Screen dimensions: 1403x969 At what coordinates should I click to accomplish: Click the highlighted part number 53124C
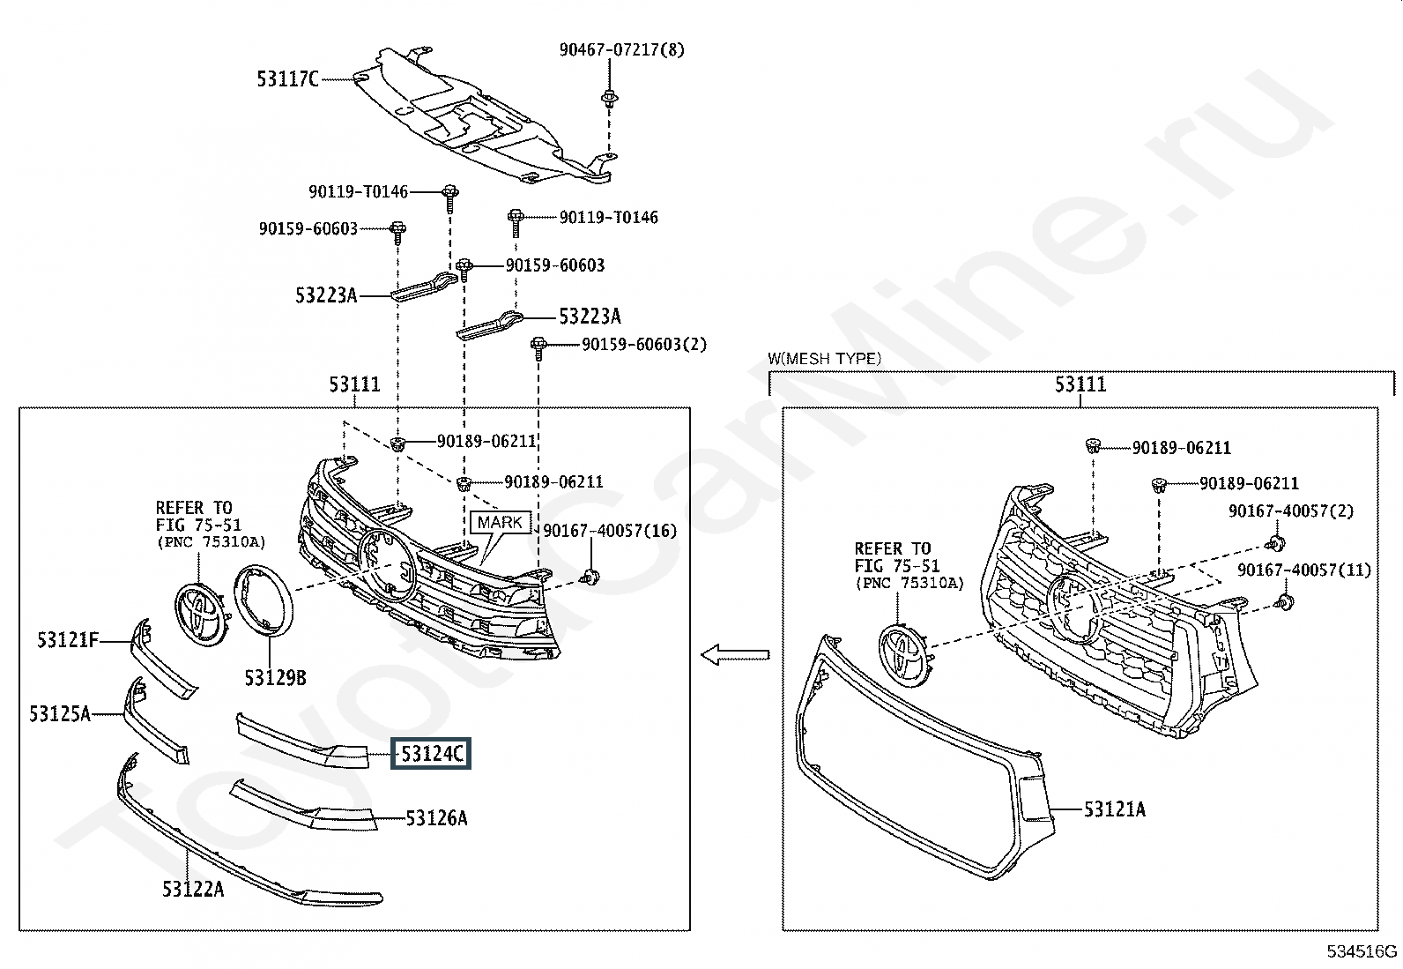coord(431,753)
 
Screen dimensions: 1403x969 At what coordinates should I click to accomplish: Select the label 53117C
coord(287,79)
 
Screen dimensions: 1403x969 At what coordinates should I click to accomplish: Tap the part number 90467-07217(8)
coord(622,49)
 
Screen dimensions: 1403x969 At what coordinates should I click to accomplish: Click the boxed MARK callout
coord(500,522)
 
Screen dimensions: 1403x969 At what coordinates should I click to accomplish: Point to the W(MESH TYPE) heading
coord(824,359)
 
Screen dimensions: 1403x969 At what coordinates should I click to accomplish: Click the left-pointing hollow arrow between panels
coord(735,655)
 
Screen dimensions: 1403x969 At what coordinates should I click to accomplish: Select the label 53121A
coord(1114,809)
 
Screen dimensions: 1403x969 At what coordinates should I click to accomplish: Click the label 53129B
coord(275,677)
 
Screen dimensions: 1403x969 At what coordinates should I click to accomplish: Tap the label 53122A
coord(193,889)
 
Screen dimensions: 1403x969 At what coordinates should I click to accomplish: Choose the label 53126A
coord(436,818)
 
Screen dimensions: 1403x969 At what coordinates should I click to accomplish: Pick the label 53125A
coord(60,713)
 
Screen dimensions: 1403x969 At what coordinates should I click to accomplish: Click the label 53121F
coord(68,640)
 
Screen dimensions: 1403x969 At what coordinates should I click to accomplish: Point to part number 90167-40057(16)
coord(610,531)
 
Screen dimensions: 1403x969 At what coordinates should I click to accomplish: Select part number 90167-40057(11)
coord(1304,570)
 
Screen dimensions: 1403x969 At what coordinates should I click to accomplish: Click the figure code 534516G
coord(1362,951)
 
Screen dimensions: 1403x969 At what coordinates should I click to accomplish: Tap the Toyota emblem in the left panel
coord(200,615)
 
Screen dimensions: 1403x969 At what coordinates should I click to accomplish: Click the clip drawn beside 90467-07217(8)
coord(610,100)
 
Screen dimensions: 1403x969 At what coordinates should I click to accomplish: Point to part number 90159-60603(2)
coord(644,344)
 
